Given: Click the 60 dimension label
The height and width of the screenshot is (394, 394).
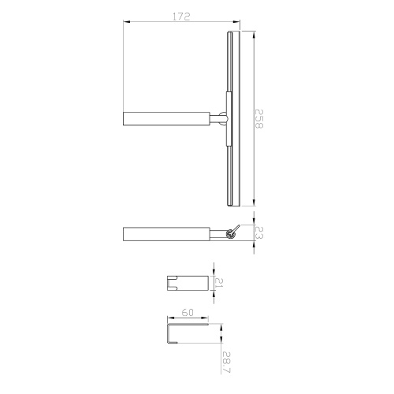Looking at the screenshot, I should coord(188,314).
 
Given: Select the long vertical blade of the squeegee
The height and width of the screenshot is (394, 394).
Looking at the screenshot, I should coord(232,118).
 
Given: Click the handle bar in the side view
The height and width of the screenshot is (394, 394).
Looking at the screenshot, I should coord(165,234).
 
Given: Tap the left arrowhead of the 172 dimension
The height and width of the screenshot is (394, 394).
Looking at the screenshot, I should coord(126,24).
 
